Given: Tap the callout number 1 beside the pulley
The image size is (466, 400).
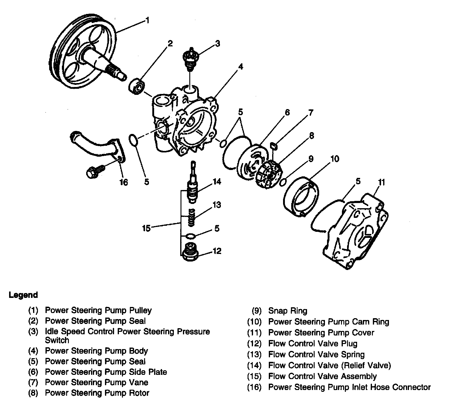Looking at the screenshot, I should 147,21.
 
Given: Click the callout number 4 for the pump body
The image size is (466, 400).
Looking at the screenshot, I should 240,66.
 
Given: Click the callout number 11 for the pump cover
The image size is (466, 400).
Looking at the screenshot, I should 381,182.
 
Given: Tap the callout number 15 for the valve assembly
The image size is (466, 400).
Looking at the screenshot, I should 147,228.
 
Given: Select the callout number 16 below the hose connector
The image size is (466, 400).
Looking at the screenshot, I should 124,182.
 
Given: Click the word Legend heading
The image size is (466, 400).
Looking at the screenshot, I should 23,295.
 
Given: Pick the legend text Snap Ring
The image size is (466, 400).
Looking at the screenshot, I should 288,311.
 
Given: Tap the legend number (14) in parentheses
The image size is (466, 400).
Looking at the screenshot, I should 254,365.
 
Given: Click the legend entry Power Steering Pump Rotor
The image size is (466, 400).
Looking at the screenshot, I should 97,393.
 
